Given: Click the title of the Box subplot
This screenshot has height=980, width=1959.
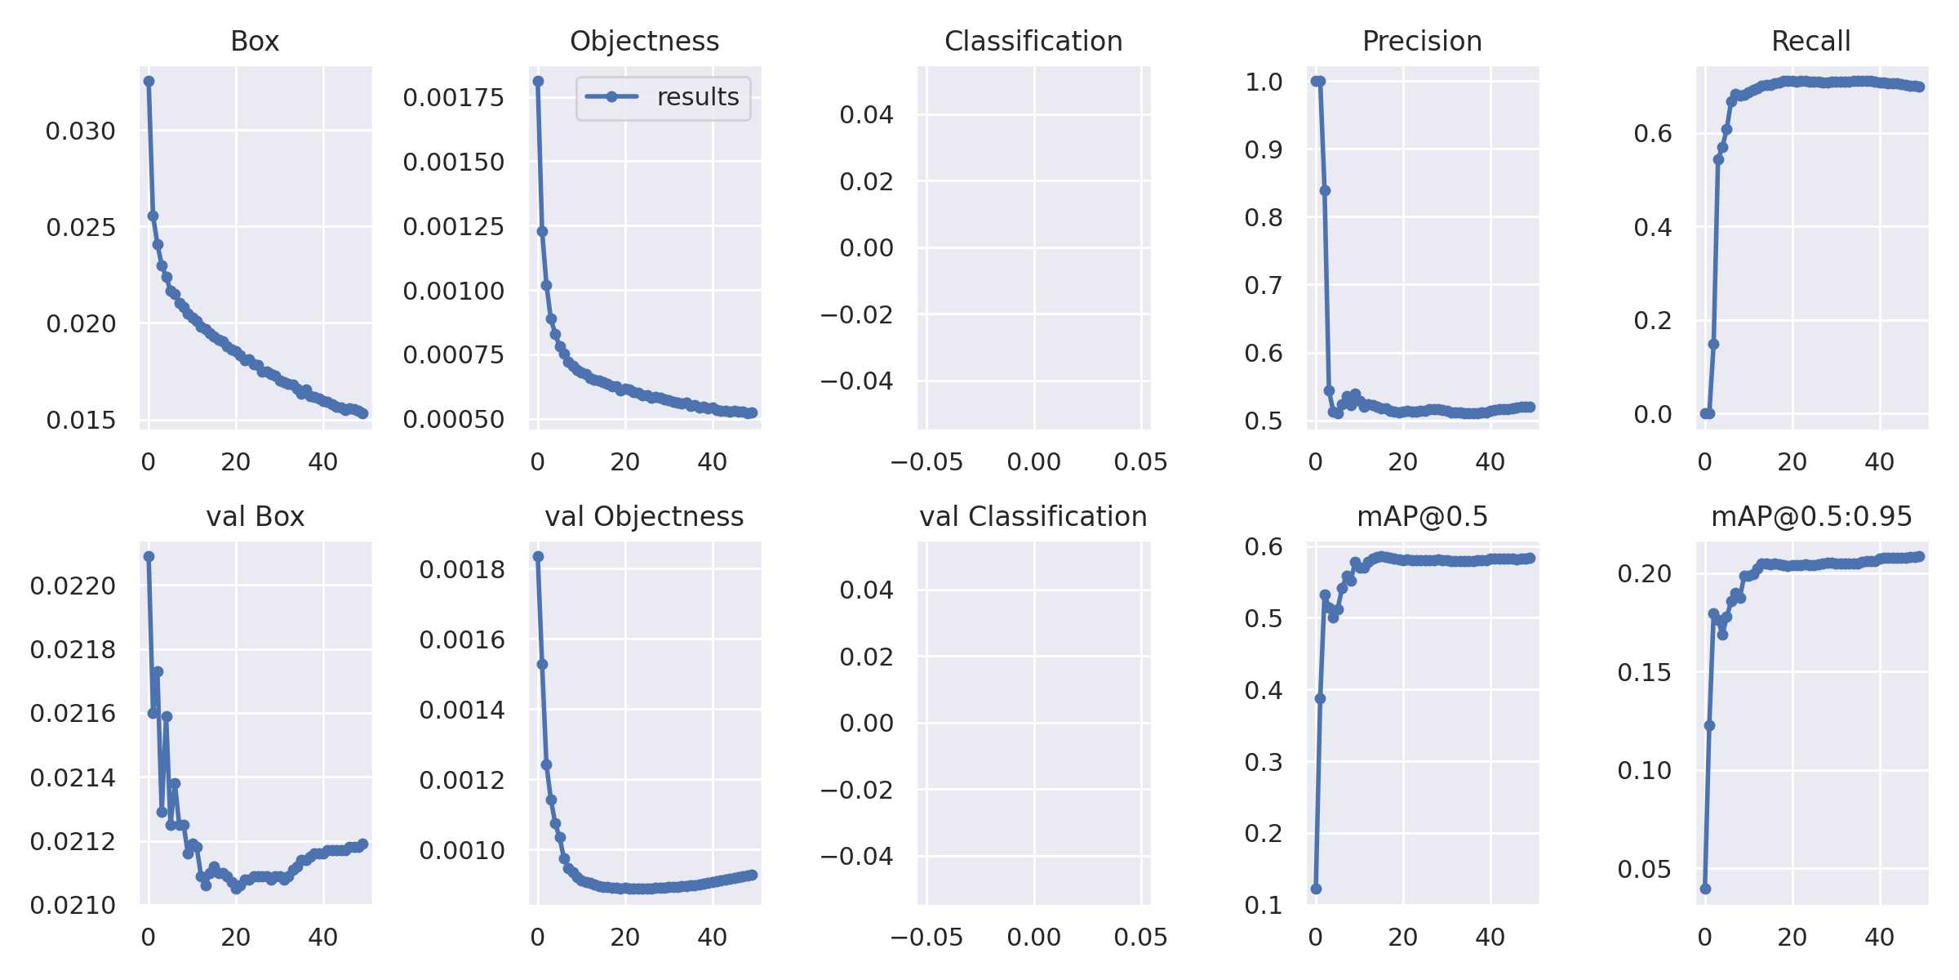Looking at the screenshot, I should [255, 41].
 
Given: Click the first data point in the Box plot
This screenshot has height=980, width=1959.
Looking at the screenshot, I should [149, 82].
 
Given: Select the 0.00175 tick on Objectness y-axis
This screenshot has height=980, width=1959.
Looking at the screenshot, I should [454, 98].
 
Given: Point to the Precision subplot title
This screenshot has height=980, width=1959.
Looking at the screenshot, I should [1422, 41].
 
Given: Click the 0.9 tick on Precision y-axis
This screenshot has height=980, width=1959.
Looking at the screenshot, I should [1264, 149].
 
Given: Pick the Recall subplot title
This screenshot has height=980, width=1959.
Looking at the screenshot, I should [1810, 41].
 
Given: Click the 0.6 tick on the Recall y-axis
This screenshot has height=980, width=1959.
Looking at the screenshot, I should [1653, 133].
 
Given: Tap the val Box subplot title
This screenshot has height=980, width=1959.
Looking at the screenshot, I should [255, 516].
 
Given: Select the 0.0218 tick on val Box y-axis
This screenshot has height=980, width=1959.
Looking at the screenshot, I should [73, 650].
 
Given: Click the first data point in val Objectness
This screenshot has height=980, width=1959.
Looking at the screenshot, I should [538, 557].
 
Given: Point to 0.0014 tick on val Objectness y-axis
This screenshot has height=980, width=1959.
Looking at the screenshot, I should [462, 710].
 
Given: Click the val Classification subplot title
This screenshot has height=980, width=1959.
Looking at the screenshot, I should [1033, 516].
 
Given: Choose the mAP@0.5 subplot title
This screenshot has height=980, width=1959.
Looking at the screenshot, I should [1422, 516].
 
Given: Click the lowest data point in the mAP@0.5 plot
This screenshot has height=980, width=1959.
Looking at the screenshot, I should [1316, 889].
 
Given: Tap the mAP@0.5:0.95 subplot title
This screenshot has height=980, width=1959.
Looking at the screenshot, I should [1810, 516].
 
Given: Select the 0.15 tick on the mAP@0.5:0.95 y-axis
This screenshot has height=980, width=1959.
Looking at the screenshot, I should [1645, 673].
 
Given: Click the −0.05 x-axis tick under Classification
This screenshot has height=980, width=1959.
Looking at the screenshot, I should [926, 462].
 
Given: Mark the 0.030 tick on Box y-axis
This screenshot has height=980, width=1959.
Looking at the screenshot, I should [81, 131].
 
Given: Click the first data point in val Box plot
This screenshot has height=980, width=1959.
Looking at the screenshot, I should [149, 557].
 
